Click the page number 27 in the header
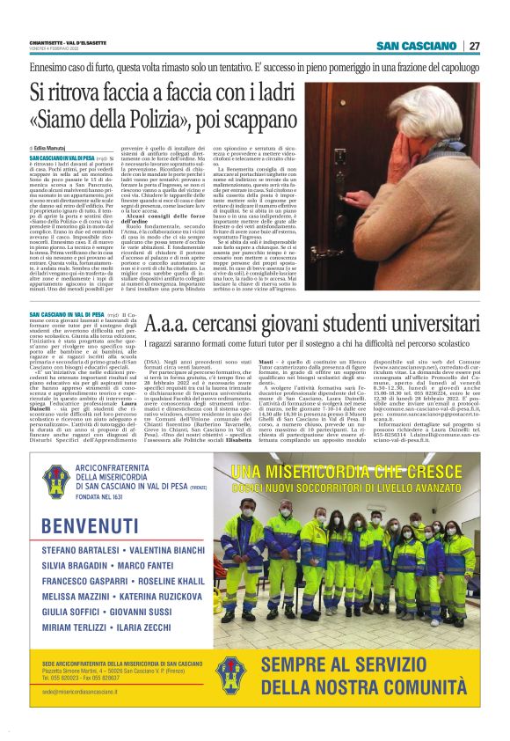[474, 46]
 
